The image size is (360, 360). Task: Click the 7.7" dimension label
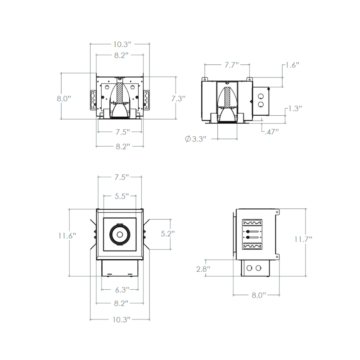tap(232, 65)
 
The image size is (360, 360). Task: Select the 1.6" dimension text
tap(292, 65)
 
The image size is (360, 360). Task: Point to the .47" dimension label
tap(272, 132)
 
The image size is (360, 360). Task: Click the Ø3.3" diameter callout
tap(196, 139)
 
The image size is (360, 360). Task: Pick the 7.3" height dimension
tap(178, 99)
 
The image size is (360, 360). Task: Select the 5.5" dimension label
tap(121, 196)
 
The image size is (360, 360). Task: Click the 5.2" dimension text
tap(168, 234)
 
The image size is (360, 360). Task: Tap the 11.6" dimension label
tap(67, 235)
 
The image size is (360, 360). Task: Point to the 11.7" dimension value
tap(303, 239)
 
